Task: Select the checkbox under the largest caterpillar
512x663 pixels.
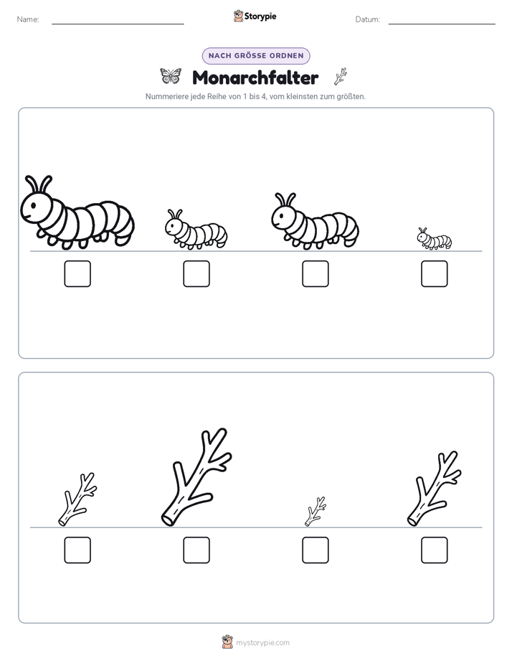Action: coord(77,273)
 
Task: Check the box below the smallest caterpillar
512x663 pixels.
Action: coord(435,273)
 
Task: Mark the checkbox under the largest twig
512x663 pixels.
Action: coord(196,550)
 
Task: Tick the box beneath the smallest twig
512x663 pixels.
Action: coord(316,550)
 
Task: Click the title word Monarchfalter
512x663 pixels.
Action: coord(255,77)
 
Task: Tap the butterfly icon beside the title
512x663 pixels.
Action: coord(171,76)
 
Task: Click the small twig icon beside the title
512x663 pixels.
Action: coord(341,77)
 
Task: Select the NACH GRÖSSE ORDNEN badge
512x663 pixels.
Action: coord(256,56)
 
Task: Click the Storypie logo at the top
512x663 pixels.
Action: coord(255,16)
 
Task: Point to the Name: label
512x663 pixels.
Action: coord(28,19)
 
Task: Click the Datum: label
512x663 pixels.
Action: coord(368,19)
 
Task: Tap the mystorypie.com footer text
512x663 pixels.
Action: coord(262,643)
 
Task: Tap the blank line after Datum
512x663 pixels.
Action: coord(442,24)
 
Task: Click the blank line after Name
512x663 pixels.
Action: coord(118,24)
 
